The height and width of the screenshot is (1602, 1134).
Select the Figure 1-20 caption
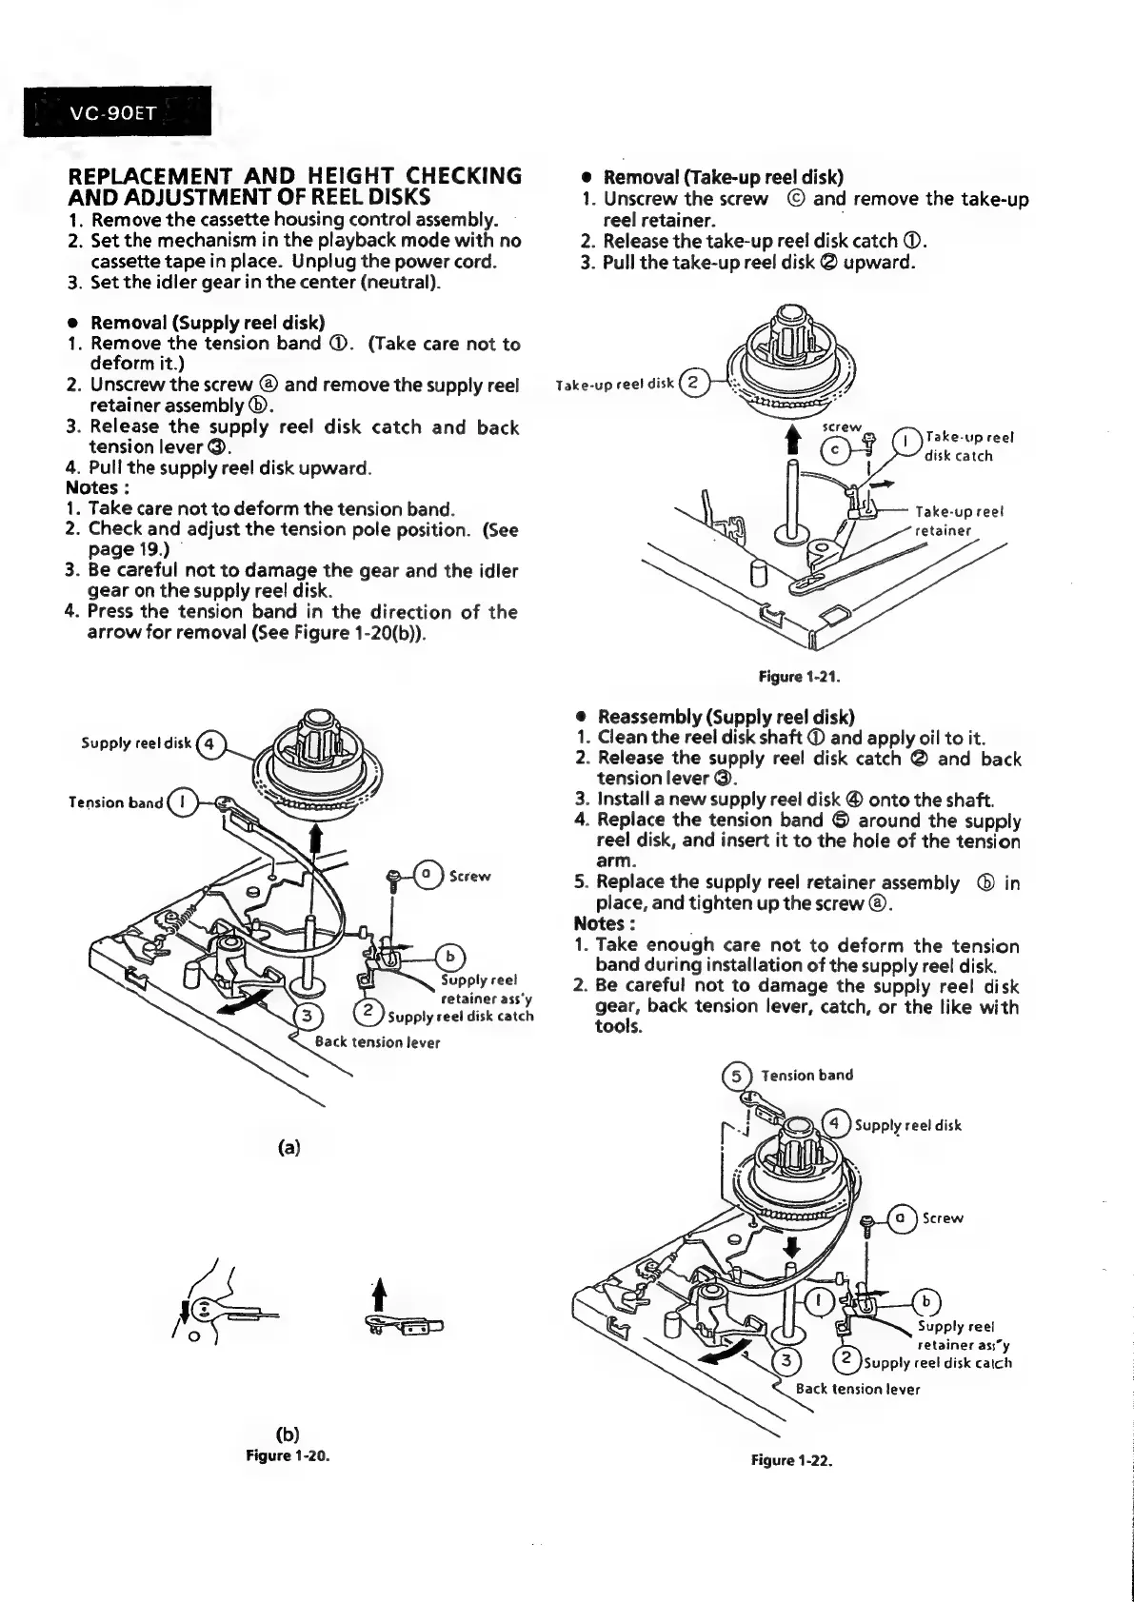tap(287, 1455)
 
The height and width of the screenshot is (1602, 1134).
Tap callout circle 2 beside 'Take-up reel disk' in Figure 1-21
tap(693, 384)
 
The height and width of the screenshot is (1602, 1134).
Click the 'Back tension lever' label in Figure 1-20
tap(377, 1041)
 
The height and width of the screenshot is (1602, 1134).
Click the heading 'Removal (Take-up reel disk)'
tap(724, 178)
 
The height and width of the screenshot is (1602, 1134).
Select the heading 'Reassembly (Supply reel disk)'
tap(726, 716)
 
